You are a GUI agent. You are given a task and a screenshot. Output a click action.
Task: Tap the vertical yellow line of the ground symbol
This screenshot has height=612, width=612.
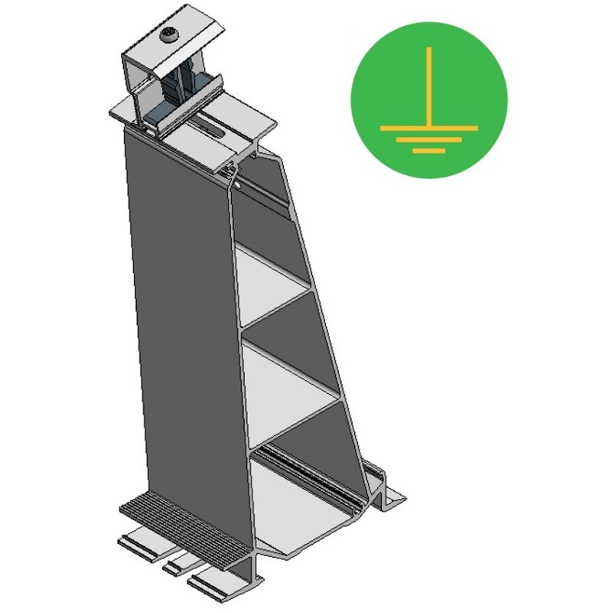(429, 84)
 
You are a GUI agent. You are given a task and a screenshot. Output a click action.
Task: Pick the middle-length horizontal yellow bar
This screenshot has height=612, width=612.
(429, 138)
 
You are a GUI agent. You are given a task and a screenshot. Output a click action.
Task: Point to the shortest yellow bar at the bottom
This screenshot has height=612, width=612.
(429, 151)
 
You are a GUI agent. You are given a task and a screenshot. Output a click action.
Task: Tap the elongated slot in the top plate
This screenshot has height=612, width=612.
(218, 132)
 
